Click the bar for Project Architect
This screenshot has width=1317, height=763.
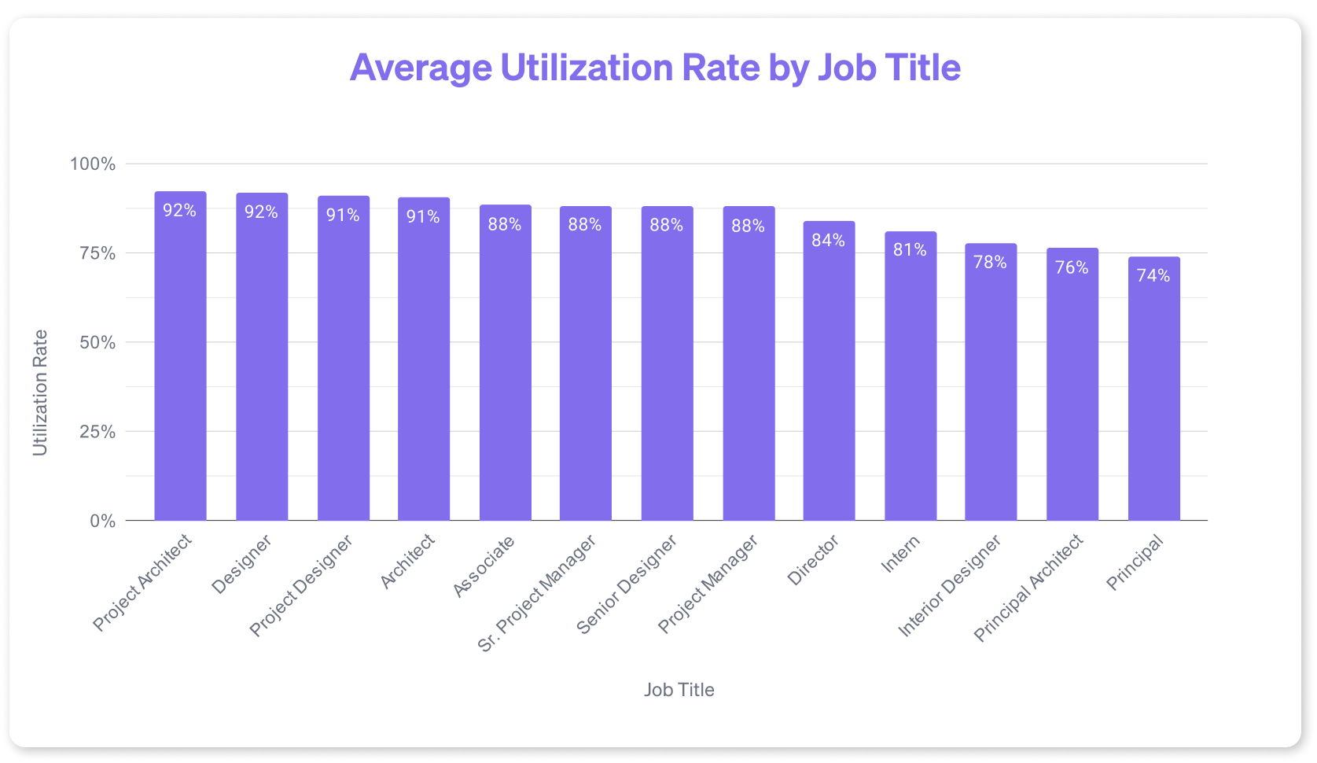tap(180, 362)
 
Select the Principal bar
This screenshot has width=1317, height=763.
tap(1153, 393)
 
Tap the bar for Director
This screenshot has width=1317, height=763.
tap(829, 378)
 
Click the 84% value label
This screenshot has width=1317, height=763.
tap(829, 241)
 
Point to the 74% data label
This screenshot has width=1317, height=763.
tap(1153, 276)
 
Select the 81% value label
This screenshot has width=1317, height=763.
tap(910, 250)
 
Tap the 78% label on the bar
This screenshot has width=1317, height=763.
tap(991, 263)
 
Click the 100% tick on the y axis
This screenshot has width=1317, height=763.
tap(93, 164)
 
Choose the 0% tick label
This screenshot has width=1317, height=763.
tap(102, 522)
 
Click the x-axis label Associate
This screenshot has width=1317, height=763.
tap(484, 566)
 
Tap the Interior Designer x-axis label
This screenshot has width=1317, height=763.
tap(950, 586)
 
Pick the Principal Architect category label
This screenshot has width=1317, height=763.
tap(1028, 588)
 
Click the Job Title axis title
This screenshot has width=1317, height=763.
tap(679, 690)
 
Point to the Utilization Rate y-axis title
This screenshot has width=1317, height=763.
tap(40, 393)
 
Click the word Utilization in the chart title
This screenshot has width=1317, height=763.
tap(587, 68)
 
